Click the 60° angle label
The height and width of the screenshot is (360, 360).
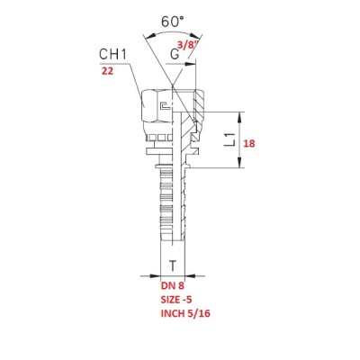(x=172, y=22)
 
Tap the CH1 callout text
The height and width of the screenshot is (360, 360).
(x=113, y=54)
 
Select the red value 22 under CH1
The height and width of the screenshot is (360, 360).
(x=107, y=71)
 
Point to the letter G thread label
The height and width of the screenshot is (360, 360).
(x=175, y=54)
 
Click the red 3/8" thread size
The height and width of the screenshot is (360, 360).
(x=189, y=45)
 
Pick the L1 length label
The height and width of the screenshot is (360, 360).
(x=230, y=140)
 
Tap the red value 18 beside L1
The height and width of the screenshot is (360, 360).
(x=249, y=143)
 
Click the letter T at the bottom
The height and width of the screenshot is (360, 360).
(x=173, y=265)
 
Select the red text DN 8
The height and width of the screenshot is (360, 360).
(x=173, y=285)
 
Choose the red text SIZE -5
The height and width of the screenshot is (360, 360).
(x=176, y=300)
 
